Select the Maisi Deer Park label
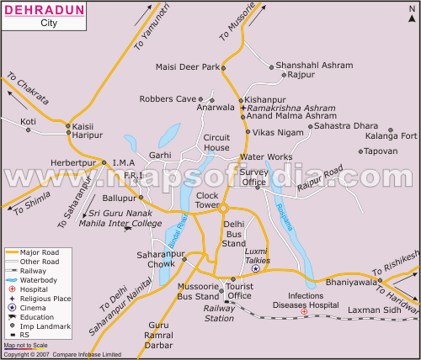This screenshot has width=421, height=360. point(187,66)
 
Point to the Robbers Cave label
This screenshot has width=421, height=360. point(167,98)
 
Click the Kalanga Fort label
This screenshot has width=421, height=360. point(391,135)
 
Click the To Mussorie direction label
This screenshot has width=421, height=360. point(235,26)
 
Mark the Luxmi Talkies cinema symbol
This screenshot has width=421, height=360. point(256,268)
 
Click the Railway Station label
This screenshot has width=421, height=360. point(219,313)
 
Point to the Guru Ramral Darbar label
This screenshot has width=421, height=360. point(158,336)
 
